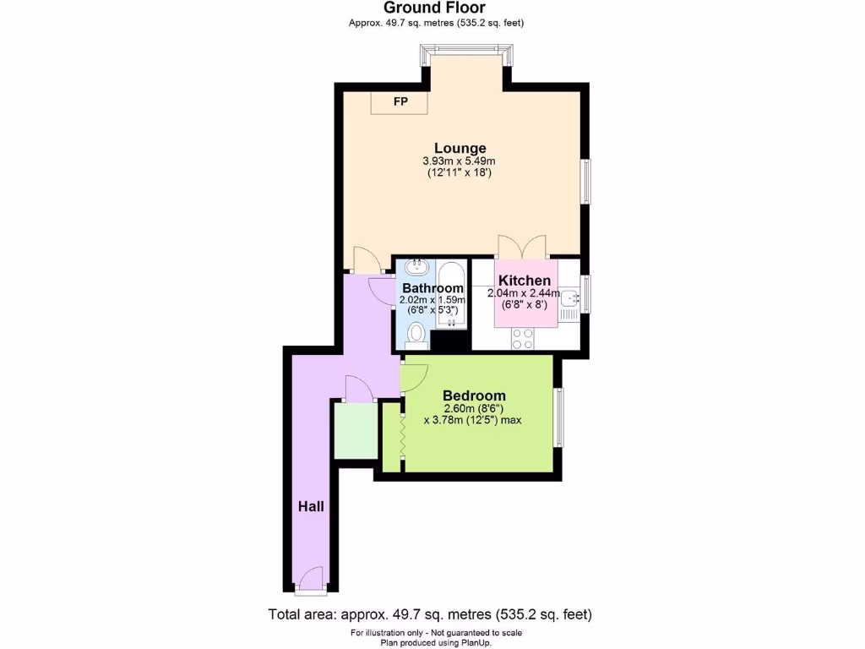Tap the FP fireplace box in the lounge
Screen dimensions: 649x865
[x=400, y=102]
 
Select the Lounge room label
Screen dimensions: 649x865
[x=460, y=148]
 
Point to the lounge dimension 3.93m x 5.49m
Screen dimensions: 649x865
[x=460, y=161]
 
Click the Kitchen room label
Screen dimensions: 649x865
[x=525, y=281]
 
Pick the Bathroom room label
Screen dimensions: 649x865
[x=432, y=288]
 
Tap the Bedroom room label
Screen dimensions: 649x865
[x=474, y=395]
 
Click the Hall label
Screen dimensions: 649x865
[x=311, y=506]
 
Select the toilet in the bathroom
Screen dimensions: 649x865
[x=416, y=335]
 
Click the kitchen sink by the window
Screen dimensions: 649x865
[x=569, y=297]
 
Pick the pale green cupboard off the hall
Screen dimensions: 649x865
[x=355, y=431]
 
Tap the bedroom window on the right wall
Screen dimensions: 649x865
[x=558, y=417]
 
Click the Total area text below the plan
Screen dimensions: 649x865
[x=436, y=614]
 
